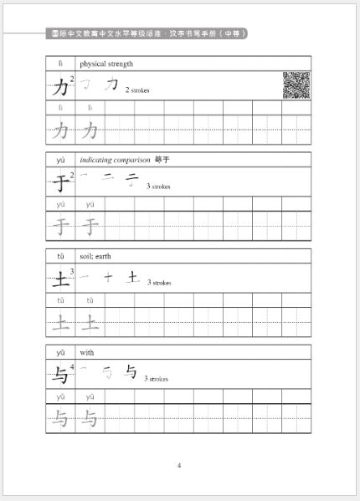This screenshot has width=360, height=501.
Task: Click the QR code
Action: click(x=296, y=84)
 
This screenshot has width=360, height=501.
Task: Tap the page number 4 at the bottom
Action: click(x=179, y=465)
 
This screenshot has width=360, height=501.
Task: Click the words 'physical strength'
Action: click(x=106, y=64)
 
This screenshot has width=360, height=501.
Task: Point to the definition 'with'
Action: click(x=87, y=352)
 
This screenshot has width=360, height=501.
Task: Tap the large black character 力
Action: click(x=59, y=85)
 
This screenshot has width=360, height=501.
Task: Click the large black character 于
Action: click(x=59, y=181)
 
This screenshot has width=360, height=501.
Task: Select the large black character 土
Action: click(x=59, y=278)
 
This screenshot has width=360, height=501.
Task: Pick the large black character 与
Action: click(x=59, y=374)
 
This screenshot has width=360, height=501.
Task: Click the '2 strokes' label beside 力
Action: click(x=137, y=89)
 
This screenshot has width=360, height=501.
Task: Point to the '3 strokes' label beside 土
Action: click(x=159, y=283)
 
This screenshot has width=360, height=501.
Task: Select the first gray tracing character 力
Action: click(x=60, y=130)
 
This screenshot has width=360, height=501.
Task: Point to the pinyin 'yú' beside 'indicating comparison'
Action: click(x=60, y=159)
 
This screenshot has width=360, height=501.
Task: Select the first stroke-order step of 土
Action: click(x=84, y=276)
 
